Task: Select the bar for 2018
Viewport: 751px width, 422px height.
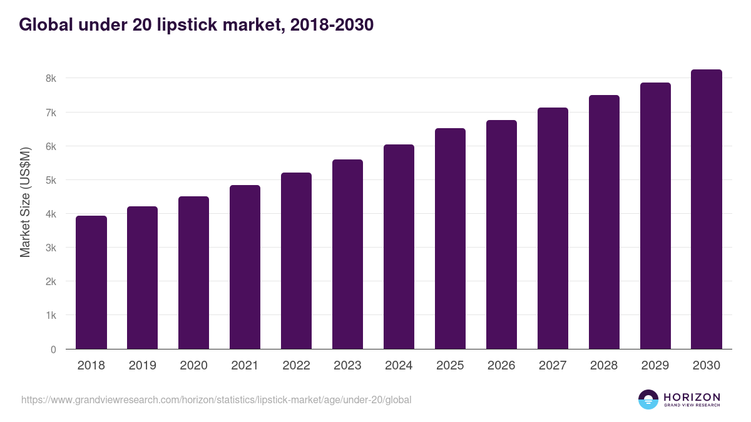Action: tap(91, 283)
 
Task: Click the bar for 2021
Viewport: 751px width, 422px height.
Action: tap(245, 267)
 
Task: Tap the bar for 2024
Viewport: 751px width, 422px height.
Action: tap(399, 247)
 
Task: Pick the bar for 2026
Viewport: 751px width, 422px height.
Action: tap(501, 234)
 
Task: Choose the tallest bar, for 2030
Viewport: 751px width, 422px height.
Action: tap(707, 209)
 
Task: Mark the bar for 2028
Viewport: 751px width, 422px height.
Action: tap(604, 222)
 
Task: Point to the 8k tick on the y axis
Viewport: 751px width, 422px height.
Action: tap(51, 79)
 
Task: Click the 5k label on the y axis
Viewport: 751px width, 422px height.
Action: tap(51, 180)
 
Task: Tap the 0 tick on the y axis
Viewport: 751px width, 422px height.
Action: tap(53, 349)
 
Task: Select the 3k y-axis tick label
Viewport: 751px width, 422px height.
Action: tap(51, 248)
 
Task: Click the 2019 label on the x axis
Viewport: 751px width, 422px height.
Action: tap(143, 366)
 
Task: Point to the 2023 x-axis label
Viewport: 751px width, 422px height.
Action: tap(347, 366)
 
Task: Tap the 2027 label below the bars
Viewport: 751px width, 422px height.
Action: tap(553, 366)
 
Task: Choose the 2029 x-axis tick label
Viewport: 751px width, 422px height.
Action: tap(655, 366)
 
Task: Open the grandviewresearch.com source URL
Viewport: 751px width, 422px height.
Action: tap(216, 399)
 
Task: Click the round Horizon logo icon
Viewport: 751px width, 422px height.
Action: tap(648, 399)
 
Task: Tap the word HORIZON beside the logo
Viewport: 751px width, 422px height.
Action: tap(692, 397)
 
